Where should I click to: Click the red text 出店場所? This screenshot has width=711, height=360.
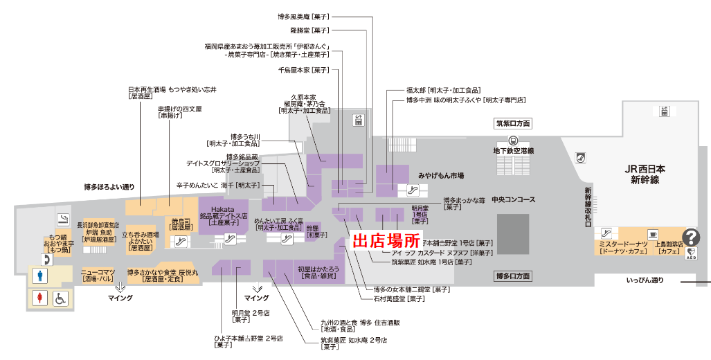click(387, 242)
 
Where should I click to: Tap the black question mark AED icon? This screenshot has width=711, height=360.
click(692, 237)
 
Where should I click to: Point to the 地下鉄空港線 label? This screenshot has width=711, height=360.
click(513, 150)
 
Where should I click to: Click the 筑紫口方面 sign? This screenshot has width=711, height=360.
click(512, 124)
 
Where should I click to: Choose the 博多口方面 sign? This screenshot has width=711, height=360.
click(513, 276)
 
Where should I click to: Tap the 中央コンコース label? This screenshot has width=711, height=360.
click(513, 200)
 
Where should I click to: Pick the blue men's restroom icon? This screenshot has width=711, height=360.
click(40, 276)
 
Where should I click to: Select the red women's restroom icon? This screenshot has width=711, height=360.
click(40, 299)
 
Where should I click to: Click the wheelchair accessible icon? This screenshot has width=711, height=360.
click(60, 299)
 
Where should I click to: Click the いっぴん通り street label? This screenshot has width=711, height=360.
click(645, 280)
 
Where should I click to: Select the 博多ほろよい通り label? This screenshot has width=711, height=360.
click(109, 187)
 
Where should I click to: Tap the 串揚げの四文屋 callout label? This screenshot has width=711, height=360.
click(180, 112)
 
